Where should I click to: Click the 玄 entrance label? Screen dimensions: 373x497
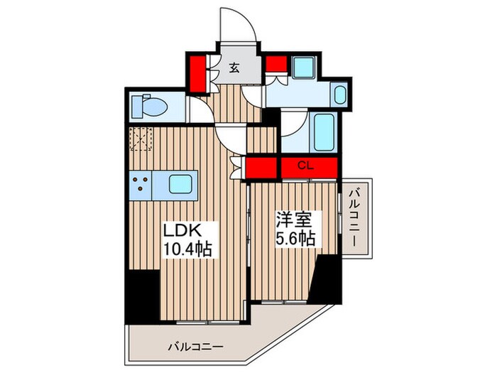[x=234, y=68]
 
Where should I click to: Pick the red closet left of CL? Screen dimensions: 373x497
[x=262, y=168]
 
